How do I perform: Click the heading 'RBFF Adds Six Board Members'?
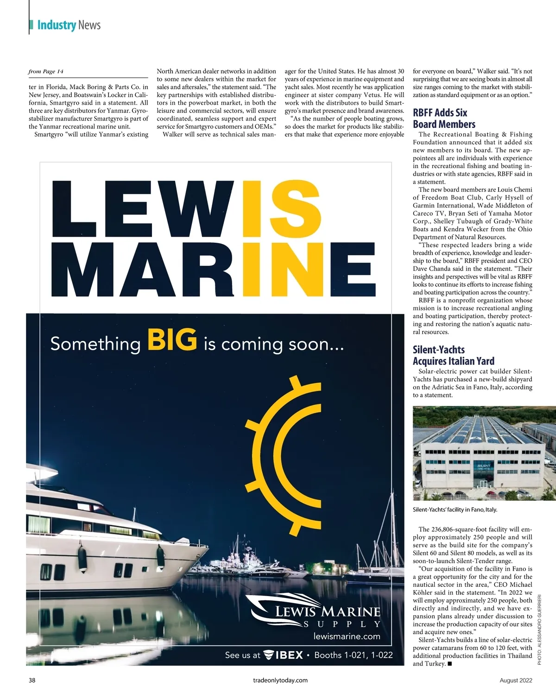(440, 119)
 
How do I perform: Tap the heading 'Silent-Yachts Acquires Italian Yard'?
(453, 355)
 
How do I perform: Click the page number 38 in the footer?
(32, 680)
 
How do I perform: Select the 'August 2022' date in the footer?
(516, 680)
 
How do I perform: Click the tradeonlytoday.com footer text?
(280, 680)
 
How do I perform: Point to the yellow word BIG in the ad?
(172, 340)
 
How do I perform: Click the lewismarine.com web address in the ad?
(347, 636)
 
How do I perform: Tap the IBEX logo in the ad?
(283, 655)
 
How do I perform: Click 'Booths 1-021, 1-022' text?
(353, 655)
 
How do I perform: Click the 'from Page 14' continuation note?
(46, 71)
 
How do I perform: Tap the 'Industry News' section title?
(69, 25)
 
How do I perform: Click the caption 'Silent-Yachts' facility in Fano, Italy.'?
(455, 509)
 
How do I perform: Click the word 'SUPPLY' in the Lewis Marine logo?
(342, 624)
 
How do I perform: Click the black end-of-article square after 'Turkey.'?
(450, 664)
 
